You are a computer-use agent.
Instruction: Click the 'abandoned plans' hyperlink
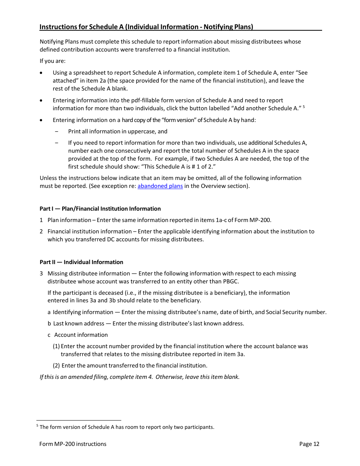tap(160, 186)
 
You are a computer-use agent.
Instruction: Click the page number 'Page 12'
tap(309, 444)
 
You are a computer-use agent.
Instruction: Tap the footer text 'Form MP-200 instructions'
tap(73, 444)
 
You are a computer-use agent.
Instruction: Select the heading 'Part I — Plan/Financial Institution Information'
tap(100, 209)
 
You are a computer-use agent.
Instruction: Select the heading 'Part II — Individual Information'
tap(81, 262)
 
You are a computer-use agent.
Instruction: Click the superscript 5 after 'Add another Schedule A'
tap(304, 107)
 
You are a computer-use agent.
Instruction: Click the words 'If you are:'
tap(53, 61)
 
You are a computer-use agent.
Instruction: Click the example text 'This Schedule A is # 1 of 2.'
tap(178, 167)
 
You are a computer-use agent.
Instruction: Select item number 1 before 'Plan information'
tap(41, 220)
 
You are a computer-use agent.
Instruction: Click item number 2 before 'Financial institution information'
tap(41, 231)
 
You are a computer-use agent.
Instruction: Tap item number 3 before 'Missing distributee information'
tap(41, 274)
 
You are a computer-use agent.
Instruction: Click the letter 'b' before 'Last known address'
tap(49, 324)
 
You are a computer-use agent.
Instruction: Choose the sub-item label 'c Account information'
tap(78, 335)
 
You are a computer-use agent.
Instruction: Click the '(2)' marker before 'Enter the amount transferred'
tap(56, 366)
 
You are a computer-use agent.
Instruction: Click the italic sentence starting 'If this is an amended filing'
tap(139, 377)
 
